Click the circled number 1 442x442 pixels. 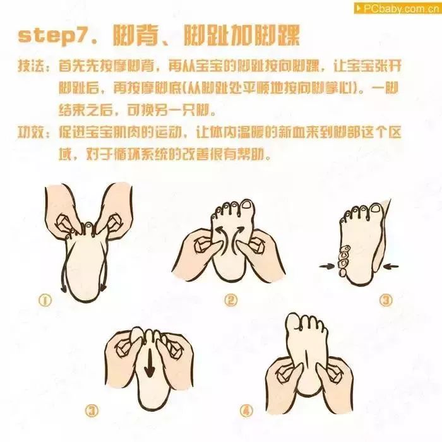[45, 301]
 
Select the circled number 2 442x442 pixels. [231, 301]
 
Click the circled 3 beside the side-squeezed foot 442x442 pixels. [385, 301]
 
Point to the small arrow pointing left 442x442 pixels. [391, 267]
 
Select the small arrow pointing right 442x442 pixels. [326, 267]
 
